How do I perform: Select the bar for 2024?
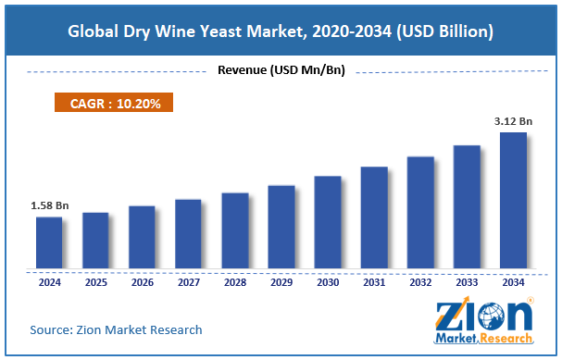(49, 242)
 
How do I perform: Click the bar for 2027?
(188, 233)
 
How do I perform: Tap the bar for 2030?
(328, 222)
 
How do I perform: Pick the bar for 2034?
(513, 200)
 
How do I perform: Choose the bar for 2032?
(420, 213)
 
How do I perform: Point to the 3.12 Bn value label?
(513, 120)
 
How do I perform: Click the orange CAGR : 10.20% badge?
(116, 104)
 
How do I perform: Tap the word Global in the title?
(98, 31)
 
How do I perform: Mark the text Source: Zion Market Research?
(116, 329)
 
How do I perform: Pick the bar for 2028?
(235, 230)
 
